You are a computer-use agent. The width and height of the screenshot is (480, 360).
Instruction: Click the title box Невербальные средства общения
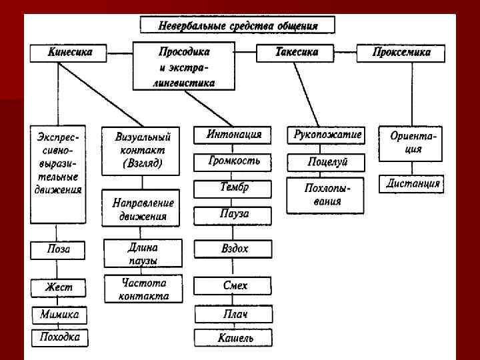click(x=237, y=26)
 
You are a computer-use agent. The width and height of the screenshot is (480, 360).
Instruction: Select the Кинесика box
click(x=68, y=53)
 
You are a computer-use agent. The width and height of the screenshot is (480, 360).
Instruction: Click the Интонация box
click(x=233, y=135)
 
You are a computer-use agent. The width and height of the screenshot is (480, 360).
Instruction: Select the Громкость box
click(x=233, y=161)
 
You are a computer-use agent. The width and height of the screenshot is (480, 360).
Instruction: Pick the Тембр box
click(x=233, y=189)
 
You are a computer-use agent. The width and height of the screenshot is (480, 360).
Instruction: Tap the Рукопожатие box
click(x=327, y=135)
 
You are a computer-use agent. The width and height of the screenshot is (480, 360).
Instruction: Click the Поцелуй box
click(x=327, y=162)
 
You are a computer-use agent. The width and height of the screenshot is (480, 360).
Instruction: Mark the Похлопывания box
click(x=326, y=195)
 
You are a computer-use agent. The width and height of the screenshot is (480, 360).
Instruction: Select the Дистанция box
click(x=413, y=183)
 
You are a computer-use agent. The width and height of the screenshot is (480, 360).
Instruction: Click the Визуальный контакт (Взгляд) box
click(x=142, y=150)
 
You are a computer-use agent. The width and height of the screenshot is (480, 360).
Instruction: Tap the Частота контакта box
click(x=143, y=289)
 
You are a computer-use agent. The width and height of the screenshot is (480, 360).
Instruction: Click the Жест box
click(x=58, y=288)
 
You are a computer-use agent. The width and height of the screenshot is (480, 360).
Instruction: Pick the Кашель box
click(x=233, y=337)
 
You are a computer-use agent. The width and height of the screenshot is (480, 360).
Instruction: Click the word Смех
click(x=233, y=286)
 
